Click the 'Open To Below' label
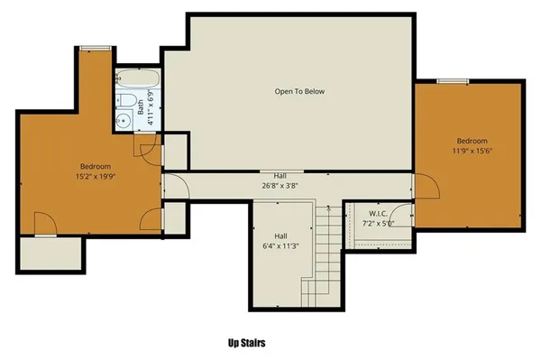(299, 91)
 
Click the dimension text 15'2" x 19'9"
(96, 177)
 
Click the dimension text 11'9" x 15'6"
(472, 152)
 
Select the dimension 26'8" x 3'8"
(280, 186)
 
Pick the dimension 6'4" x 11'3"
(280, 243)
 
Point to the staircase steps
(323, 262)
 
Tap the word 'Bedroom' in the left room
(96, 166)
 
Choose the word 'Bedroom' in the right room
(472, 141)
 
